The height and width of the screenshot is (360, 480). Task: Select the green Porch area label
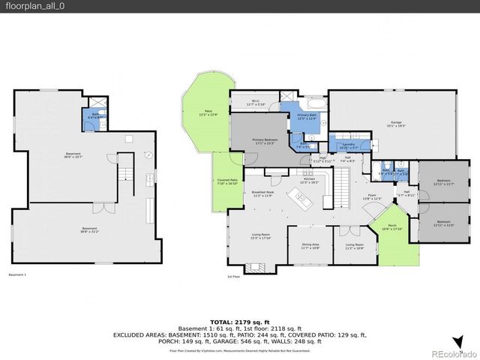click(392, 229)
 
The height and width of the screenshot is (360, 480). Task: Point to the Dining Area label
click(310, 245)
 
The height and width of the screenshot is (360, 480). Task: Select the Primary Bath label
click(306, 117)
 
